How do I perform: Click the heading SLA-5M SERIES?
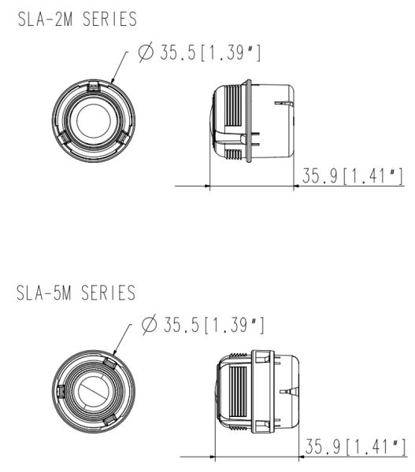click(75, 293)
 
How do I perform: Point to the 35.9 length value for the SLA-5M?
click(324, 446)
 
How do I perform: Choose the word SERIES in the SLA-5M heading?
click(107, 293)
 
